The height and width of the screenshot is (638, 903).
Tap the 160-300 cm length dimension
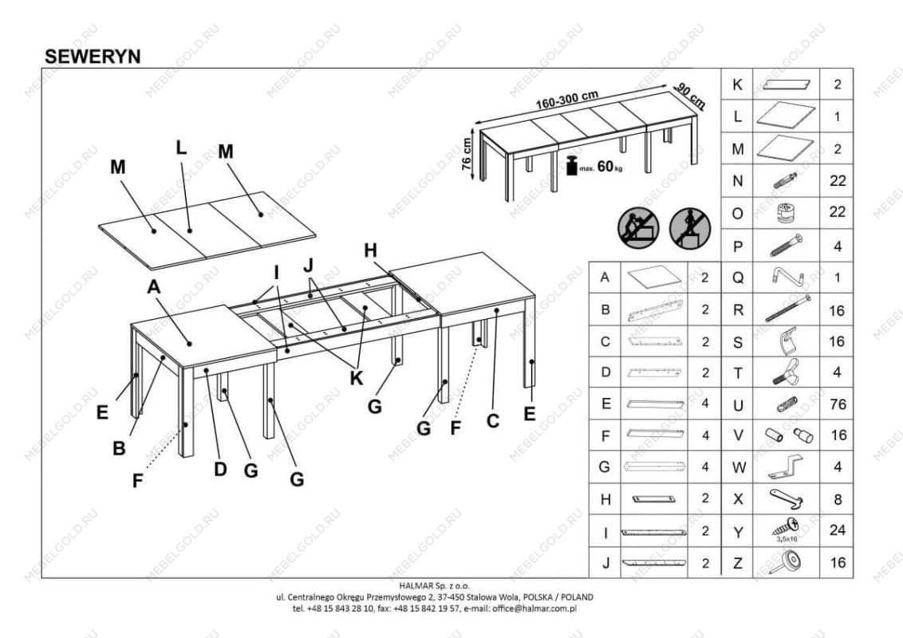tap(567, 101)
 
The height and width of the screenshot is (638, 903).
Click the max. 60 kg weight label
tap(601, 167)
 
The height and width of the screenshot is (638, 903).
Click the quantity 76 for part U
tap(837, 404)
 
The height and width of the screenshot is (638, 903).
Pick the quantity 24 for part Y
tap(837, 530)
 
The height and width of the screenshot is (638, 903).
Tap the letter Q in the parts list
tap(738, 278)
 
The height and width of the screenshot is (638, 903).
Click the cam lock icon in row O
tap(786, 213)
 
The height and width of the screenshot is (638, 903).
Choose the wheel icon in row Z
tap(786, 563)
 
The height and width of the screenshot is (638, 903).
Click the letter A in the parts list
tap(605, 278)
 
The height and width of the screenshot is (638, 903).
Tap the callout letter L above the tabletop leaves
tap(181, 148)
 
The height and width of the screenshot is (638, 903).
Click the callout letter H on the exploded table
tap(370, 250)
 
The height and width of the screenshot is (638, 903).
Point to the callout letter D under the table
tap(220, 469)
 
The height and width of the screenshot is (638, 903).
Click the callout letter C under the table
tap(492, 420)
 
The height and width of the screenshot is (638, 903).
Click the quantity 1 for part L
tap(837, 116)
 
